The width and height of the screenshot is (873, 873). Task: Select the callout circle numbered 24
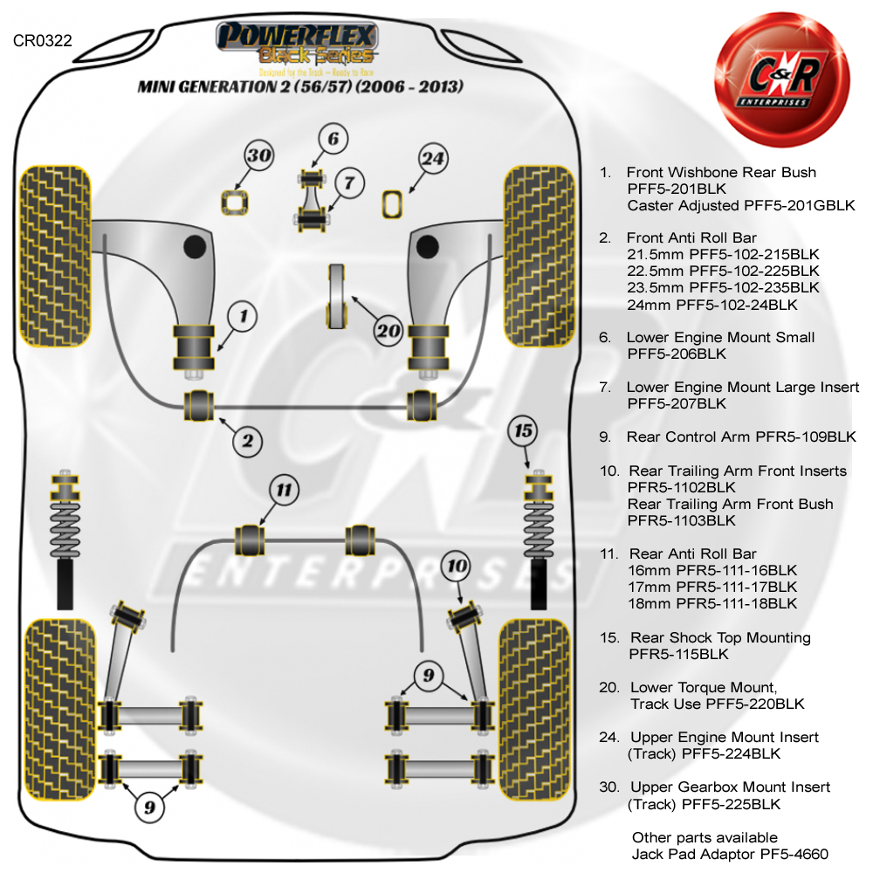pos(433,159)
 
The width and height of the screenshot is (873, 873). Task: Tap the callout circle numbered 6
pos(333,139)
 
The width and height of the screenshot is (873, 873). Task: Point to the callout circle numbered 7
pos(348,183)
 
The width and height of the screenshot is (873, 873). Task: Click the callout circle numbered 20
pos(388,330)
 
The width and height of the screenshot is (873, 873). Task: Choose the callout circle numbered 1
pos(244,316)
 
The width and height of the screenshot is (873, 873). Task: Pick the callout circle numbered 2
pos(248,442)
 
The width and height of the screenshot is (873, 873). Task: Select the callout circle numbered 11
pos(283,490)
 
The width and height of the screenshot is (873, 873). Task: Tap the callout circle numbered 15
pos(523,430)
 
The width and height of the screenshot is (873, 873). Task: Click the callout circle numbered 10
pos(457,567)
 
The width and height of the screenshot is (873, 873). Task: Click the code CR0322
pos(43,40)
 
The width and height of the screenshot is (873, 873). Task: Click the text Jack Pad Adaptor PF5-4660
pos(730,855)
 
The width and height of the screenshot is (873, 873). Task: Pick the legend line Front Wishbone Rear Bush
pos(721,173)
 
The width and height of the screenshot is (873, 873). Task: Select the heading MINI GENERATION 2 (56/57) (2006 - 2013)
pos(299,87)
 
